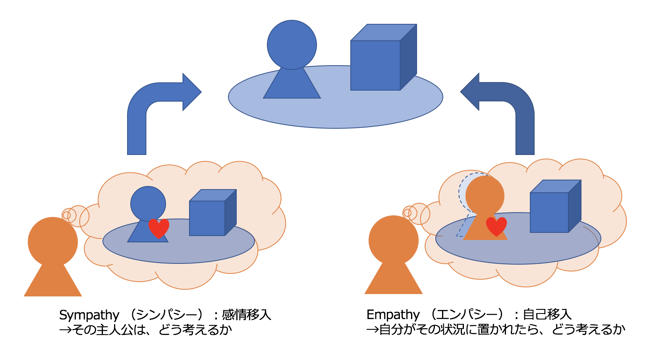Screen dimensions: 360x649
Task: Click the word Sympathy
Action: (89, 315)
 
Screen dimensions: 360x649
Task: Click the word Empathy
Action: (393, 315)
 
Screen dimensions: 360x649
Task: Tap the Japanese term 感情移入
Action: (246, 315)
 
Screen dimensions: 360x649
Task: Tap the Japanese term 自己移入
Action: (547, 314)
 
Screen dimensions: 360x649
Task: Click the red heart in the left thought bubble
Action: (158, 228)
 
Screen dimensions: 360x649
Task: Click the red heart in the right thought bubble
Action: (496, 226)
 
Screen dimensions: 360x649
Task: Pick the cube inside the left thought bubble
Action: (211, 215)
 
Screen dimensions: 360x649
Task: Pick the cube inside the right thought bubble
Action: (553, 209)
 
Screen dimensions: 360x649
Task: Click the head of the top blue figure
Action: (292, 45)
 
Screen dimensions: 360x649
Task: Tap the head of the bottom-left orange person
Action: (53, 241)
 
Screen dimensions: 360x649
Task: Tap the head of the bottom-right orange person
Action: (394, 240)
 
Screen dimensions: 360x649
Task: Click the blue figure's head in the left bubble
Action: (148, 204)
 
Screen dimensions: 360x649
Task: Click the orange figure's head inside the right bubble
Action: (485, 195)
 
